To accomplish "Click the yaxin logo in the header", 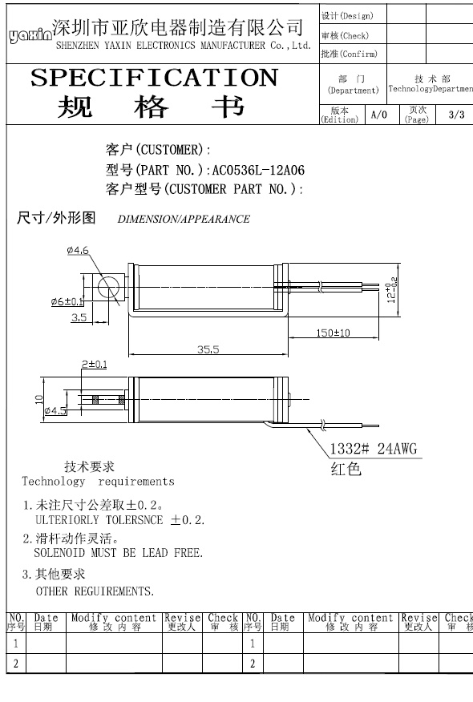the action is pos(30,36).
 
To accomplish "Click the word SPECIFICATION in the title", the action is pos(155,78).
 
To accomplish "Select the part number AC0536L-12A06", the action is pos(258,170).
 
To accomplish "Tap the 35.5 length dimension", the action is pos(208,349).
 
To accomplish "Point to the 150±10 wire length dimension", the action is pos(333,333).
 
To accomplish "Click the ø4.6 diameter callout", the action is pos(78,250).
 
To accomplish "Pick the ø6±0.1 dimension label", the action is pos(67,302).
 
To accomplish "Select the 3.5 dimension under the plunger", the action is pos(79,317).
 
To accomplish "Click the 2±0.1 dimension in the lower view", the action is pos(94,365).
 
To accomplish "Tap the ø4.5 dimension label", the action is pos(55,410).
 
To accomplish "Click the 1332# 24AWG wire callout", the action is pos(374,449).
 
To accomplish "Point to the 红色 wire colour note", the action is pos(346,469).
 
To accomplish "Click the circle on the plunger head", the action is pos(108,288).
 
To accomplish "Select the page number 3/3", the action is pos(456,115).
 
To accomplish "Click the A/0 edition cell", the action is pos(379,115).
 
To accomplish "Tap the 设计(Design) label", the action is pos(347,16).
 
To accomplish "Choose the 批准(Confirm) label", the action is pos(349,54).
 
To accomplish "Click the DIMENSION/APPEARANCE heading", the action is pos(184,219).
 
